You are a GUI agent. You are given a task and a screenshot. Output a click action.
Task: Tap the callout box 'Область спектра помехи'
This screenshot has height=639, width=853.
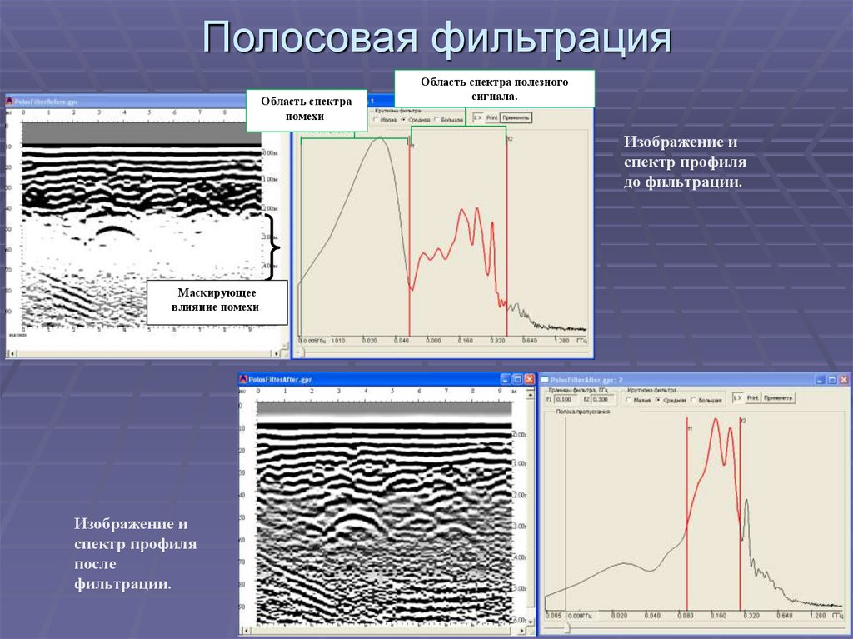click(x=306, y=109)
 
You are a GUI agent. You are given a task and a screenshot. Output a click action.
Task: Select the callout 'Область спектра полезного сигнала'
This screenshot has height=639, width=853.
click(x=494, y=88)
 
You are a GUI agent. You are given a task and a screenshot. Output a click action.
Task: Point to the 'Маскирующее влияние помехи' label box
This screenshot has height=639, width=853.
click(x=217, y=301)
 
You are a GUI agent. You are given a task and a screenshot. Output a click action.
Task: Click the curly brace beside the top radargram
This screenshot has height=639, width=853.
click(x=272, y=247)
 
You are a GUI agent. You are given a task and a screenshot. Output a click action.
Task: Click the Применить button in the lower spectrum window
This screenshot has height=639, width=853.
click(x=778, y=398)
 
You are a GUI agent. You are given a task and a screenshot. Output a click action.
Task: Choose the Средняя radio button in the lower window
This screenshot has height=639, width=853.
click(x=658, y=400)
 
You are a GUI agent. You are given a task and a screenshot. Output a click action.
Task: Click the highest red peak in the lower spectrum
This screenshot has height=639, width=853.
click(x=716, y=419)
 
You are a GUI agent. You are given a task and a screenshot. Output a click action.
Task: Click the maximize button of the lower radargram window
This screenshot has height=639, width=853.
click(x=516, y=379)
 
